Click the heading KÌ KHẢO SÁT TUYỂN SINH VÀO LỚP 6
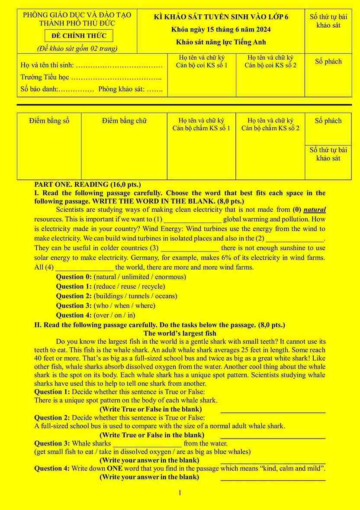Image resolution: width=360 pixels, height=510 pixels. point(221,17)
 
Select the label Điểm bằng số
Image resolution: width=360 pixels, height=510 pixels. point(49,121)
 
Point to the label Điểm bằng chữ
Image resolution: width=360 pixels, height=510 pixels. point(124,121)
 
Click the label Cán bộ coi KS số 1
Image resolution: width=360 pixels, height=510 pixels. point(202,65)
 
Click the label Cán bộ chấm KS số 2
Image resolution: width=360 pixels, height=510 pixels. point(270,128)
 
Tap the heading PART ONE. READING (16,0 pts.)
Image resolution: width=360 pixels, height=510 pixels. point(87,184)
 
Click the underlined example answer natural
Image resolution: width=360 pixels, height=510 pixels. point(315,210)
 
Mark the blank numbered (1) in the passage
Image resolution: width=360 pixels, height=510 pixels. point(193,219)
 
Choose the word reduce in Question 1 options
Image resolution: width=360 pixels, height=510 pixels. point(106,286)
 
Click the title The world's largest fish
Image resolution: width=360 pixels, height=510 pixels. point(180,333)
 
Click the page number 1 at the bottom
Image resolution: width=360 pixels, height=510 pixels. point(180,493)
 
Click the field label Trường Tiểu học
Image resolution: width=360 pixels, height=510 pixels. point(45,77)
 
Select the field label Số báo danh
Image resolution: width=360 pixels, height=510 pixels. point(39,90)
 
